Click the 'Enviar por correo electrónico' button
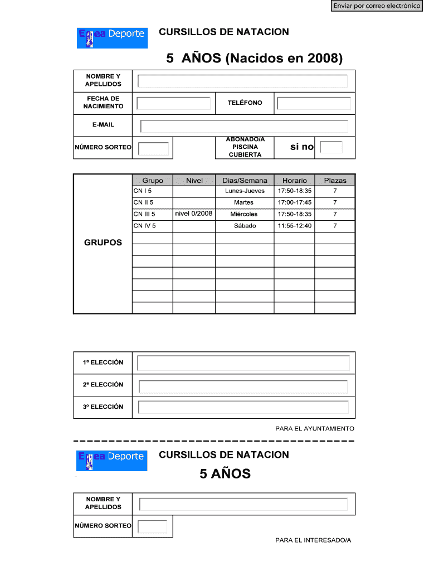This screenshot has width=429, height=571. pos(377,6)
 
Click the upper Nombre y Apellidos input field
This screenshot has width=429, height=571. pos(242,81)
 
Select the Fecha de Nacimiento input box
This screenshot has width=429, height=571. pos(174,103)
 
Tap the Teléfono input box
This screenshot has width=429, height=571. pos(314,103)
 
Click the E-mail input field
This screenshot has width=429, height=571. pos(244,126)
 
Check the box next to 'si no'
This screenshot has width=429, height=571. pos(331,147)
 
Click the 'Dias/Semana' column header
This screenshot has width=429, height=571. pos(245,180)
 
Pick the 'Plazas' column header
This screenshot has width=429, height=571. pos(335,180)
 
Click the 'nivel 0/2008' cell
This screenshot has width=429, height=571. pos(193,214)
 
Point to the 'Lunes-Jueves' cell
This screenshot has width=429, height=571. pos(245,191)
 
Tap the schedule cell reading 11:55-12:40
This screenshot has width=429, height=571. pos(294,226)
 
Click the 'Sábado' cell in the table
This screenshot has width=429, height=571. pos(245,226)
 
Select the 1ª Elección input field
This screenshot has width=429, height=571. pos(243,363)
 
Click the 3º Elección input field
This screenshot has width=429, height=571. pos(243,407)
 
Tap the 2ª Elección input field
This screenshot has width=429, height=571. pos(243,386)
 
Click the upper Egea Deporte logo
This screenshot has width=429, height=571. pos(112,37)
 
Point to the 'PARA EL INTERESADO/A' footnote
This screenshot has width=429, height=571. pos(313,540)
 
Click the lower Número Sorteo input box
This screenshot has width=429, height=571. pos(153,526)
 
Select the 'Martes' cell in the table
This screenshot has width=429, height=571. pos(244,202)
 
